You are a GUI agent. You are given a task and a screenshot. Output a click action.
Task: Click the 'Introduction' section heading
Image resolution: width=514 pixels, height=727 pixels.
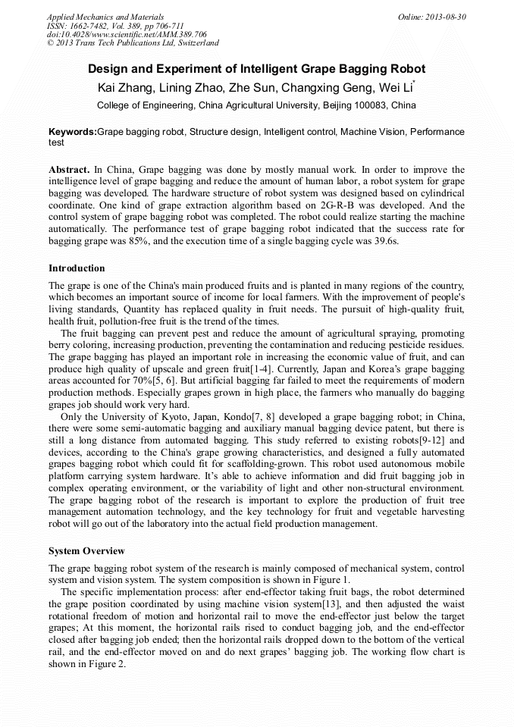click(77, 268)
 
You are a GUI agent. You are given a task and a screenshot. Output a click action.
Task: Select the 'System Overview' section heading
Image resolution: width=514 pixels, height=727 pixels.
click(86, 551)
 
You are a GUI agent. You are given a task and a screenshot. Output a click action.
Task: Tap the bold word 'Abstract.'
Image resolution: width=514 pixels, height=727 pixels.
click(68, 170)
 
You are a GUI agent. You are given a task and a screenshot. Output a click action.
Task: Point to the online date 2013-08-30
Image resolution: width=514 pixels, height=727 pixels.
click(447, 17)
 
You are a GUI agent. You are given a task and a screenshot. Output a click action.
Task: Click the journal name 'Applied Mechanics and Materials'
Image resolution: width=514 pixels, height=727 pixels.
click(105, 17)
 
